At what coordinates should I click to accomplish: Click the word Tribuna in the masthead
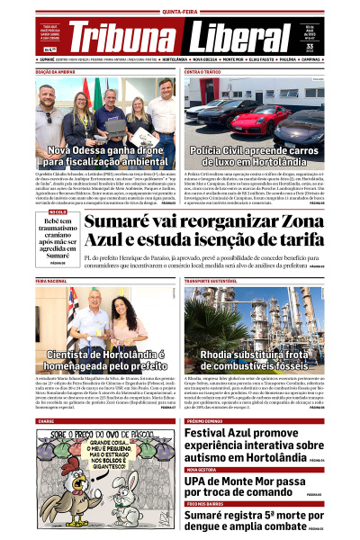click(x=121, y=37)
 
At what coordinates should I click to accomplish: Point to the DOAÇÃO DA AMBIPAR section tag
click(x=56, y=71)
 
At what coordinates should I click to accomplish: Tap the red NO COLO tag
click(x=46, y=211)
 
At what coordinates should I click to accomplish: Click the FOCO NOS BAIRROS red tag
click(x=206, y=503)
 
